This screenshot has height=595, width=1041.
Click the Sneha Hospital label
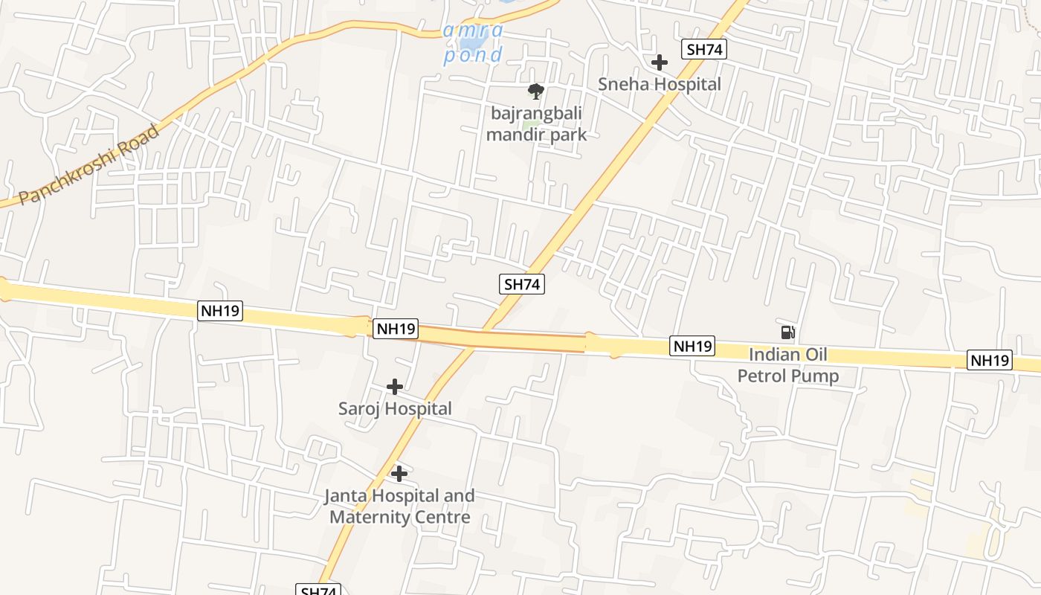660,84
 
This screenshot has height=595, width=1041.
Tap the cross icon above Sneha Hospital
659,62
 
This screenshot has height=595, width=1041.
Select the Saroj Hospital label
395,408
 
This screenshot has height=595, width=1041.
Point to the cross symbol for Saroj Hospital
395,387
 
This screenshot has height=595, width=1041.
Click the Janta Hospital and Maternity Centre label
399,506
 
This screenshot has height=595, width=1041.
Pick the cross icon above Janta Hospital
399,473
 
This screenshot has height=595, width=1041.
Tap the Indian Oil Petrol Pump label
787,365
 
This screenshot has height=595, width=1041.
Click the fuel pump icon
788,332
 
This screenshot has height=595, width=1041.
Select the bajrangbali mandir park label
536,123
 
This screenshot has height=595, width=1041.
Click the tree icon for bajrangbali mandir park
535,91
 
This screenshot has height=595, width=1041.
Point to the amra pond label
473,43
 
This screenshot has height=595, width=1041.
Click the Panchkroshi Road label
89,165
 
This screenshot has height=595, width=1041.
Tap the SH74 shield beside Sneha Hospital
703,49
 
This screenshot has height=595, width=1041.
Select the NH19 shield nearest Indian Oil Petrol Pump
692,346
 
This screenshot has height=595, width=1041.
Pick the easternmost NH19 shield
990,361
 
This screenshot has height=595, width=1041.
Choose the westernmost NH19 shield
220,310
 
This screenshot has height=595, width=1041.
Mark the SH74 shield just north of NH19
523,283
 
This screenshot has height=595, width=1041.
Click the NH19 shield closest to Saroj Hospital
396,329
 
